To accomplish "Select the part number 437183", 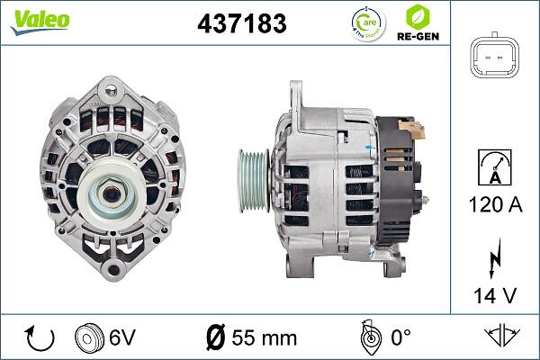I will [x=241, y=23].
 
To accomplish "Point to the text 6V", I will [x=122, y=337].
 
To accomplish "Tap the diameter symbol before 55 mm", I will [x=217, y=337].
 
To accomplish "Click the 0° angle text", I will [x=399, y=337].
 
